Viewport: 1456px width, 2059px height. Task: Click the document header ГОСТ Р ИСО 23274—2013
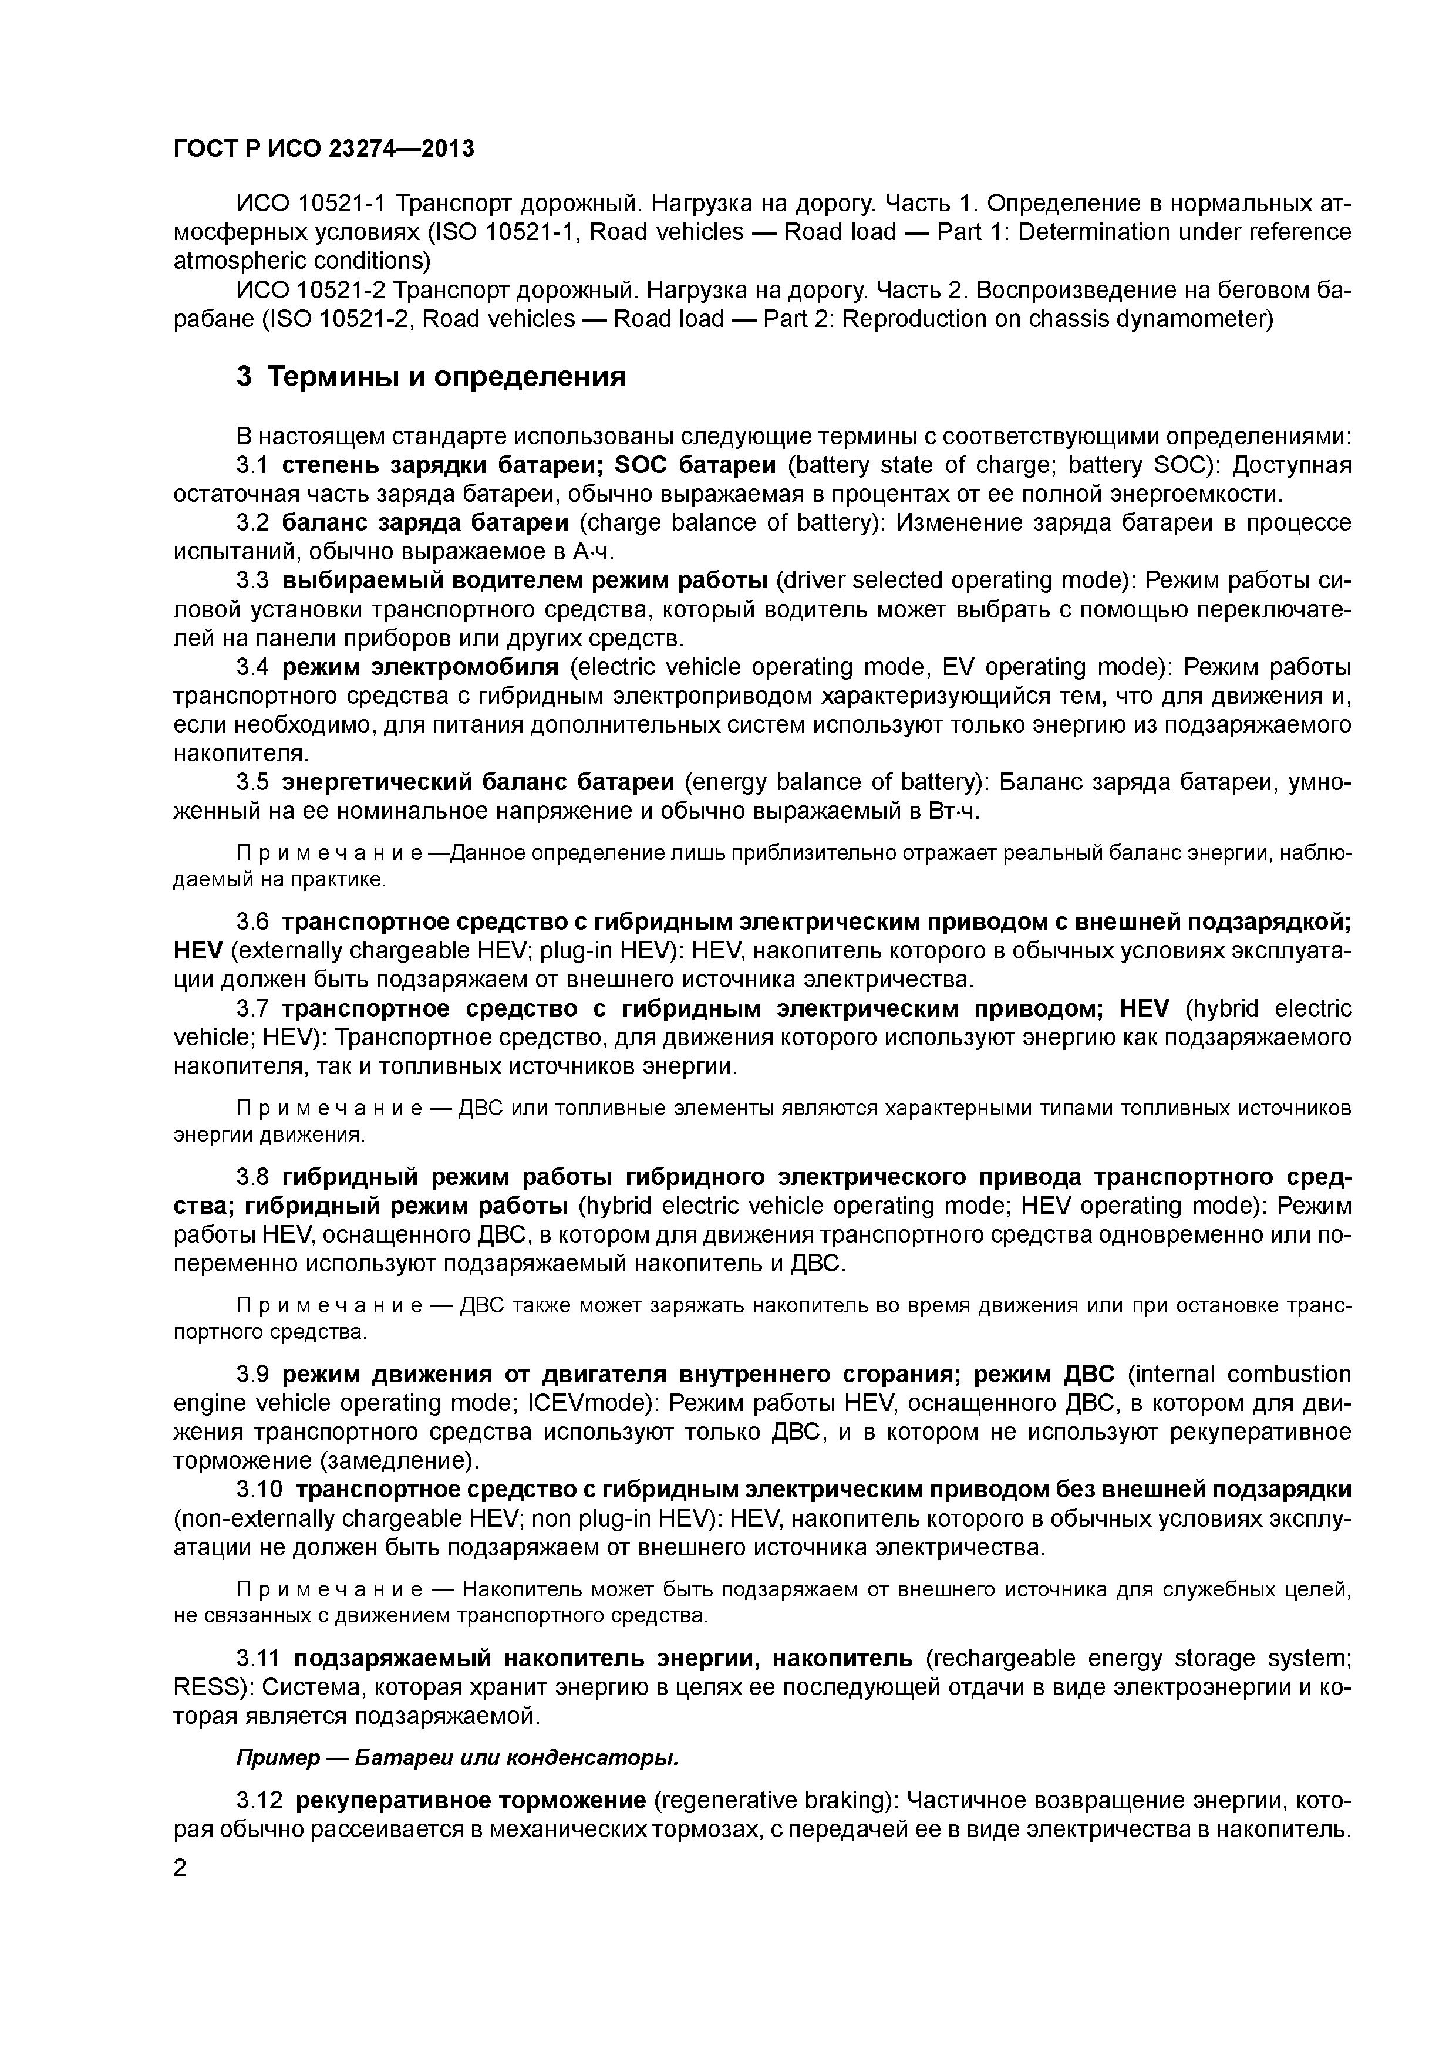(x=323, y=148)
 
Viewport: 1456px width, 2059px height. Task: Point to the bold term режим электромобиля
(x=420, y=667)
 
